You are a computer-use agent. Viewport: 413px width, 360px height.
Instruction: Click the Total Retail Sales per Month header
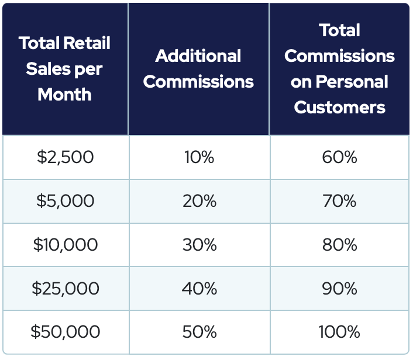click(x=64, y=69)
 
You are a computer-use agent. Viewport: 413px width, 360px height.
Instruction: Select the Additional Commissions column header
click(x=198, y=68)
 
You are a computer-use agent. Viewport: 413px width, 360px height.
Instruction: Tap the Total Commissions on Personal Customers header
click(x=339, y=68)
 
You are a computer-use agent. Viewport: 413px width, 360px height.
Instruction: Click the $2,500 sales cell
click(x=65, y=157)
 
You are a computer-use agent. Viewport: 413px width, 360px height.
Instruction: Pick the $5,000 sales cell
click(x=65, y=201)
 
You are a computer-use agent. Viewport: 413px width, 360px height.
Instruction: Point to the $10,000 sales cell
click(x=65, y=244)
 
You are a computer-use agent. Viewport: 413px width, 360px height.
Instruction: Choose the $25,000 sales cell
click(x=65, y=288)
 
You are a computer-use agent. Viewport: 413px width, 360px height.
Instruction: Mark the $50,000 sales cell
click(x=65, y=332)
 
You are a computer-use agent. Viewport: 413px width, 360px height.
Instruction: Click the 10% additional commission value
click(x=199, y=157)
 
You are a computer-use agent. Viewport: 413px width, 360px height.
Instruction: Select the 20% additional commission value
click(x=199, y=201)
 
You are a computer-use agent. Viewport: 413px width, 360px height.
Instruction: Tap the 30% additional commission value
click(x=199, y=244)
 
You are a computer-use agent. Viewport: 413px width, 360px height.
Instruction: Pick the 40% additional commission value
click(x=199, y=288)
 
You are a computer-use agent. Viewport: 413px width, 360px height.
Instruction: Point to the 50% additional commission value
click(x=199, y=332)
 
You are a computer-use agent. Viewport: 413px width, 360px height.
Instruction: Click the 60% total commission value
click(x=339, y=157)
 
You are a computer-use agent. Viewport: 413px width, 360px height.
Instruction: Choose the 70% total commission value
click(x=339, y=201)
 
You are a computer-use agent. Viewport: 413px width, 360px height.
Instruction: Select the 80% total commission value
click(x=339, y=244)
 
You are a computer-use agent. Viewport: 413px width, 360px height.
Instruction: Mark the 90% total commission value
click(x=339, y=288)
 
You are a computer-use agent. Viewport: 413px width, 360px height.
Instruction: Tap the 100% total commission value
click(x=339, y=332)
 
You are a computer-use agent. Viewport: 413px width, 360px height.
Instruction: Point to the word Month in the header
click(x=64, y=95)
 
